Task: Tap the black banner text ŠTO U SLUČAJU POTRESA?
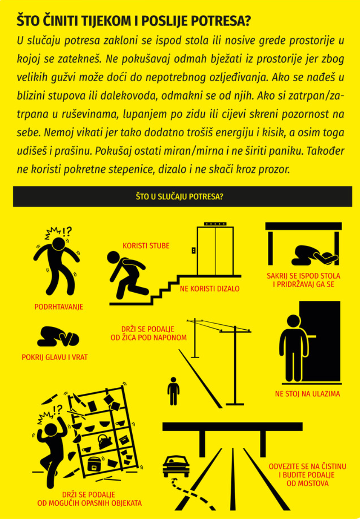pyautogui.click(x=180, y=197)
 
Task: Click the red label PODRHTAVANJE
pyautogui.click(x=58, y=307)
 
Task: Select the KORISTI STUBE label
pyautogui.click(x=146, y=246)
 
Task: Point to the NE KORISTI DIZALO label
pyautogui.click(x=210, y=289)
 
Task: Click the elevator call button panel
pyautogui.click(x=193, y=250)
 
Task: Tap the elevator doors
pyautogui.click(x=215, y=251)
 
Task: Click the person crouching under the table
pyautogui.click(x=315, y=255)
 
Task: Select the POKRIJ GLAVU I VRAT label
pyautogui.click(x=55, y=357)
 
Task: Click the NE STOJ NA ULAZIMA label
pyautogui.click(x=307, y=393)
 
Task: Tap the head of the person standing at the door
pyautogui.click(x=293, y=321)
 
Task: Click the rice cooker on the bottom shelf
pyautogui.click(x=95, y=463)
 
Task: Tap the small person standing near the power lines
pyautogui.click(x=173, y=391)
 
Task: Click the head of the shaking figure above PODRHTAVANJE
pyautogui.click(x=59, y=244)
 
